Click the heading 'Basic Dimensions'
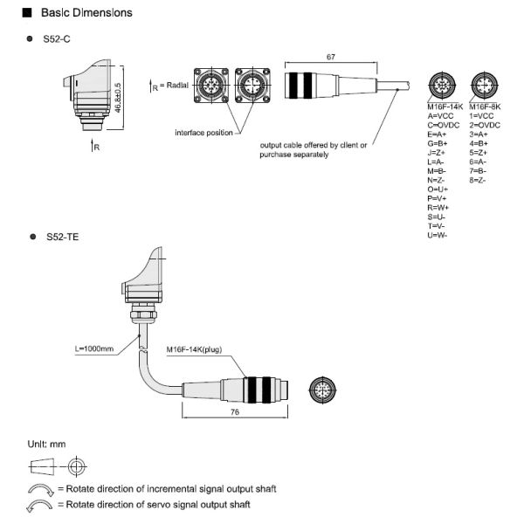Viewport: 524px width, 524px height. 86,13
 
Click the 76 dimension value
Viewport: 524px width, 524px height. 235,415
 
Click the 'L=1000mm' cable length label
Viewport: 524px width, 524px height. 94,349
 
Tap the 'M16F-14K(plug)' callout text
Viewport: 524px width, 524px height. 194,349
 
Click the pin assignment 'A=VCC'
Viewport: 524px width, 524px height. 442,115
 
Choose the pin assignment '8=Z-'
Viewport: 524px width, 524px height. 479,181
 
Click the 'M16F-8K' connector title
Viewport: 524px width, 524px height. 485,106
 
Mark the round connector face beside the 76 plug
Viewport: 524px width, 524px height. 327,390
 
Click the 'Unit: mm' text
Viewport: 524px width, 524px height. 46,444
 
